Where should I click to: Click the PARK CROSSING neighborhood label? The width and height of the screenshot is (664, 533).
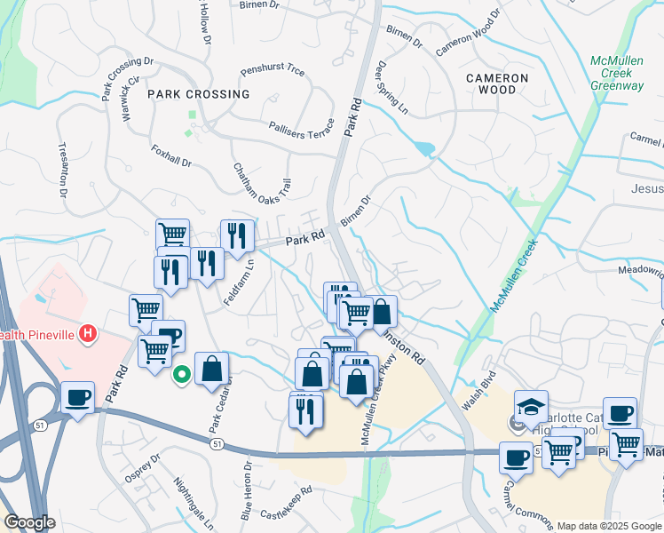199,93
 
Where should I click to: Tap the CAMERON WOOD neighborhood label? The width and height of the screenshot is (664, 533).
497,84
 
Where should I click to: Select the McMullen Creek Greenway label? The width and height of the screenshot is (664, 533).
617,73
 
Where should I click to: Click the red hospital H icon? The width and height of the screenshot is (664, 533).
87,334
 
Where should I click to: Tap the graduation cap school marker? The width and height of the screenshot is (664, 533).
532,407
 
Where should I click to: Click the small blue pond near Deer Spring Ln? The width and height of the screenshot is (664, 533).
424,147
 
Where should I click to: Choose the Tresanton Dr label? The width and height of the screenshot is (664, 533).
63,168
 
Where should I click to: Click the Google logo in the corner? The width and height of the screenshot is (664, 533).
29,522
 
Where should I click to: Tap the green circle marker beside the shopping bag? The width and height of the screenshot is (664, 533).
182,375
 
